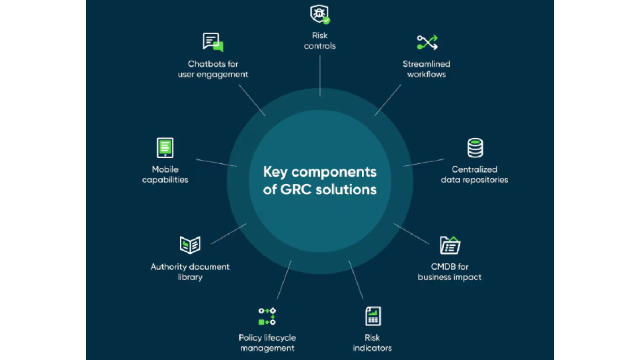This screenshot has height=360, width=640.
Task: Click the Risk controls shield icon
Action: pyautogui.click(x=320, y=13)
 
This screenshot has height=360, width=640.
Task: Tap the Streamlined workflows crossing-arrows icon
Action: pyautogui.click(x=427, y=43)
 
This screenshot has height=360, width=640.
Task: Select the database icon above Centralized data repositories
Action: pyautogui.click(x=475, y=147)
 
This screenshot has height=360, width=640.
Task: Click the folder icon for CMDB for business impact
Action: pyautogui.click(x=450, y=245)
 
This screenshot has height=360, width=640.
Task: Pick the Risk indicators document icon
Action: pyautogui.click(x=373, y=316)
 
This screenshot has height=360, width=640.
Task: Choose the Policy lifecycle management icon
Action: pyautogui.click(x=267, y=316)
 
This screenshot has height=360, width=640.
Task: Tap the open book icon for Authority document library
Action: pyautogui.click(x=190, y=245)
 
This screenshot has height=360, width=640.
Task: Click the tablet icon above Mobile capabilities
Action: pyautogui.click(x=165, y=147)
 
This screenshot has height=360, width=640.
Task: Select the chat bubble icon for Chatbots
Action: pyautogui.click(x=213, y=43)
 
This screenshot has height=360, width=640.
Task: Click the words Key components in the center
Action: pyautogui.click(x=320, y=171)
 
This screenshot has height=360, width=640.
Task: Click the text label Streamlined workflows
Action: pyautogui.click(x=427, y=69)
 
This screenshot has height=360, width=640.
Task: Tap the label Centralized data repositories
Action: pyautogui.click(x=475, y=175)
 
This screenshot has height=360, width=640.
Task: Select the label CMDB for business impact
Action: pyautogui.click(x=449, y=272)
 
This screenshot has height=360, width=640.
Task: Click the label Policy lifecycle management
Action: pyautogui.click(x=267, y=343)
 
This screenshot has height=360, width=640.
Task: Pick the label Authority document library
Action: pyautogui.click(x=190, y=272)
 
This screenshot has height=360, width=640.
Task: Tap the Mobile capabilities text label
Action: pyautogui.click(x=165, y=175)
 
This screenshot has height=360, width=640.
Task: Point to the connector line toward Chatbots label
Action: pyautogui.click(x=252, y=101)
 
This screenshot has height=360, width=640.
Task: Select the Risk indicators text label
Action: pyautogui.click(x=372, y=343)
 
